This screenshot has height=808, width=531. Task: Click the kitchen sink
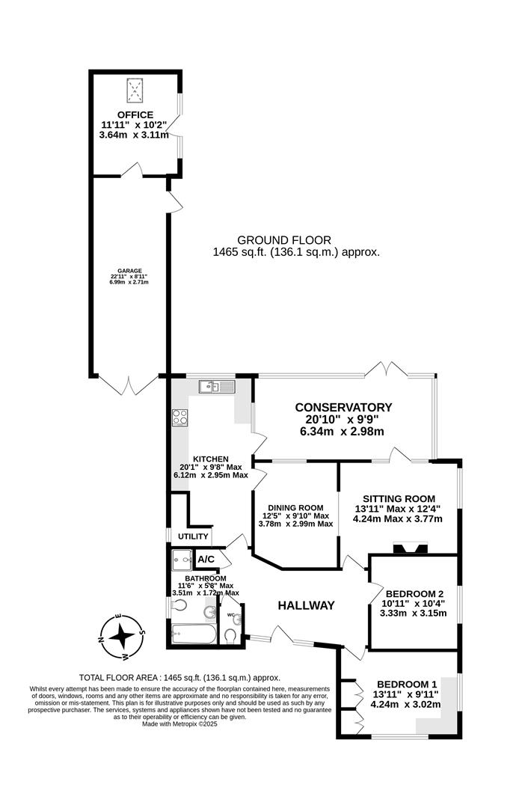217,387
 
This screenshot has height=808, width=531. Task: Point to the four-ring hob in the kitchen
180,417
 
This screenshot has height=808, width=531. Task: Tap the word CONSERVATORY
343,407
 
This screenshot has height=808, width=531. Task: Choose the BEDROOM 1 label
407,684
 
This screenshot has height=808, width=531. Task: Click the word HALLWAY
306,605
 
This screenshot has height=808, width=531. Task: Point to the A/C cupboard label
206,560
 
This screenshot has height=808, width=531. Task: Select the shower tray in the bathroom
181,560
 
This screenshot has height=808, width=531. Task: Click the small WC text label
230,615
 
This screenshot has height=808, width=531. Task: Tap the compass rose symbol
120,637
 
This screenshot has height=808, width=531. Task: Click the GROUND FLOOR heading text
283,240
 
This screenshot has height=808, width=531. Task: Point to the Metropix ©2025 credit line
179,724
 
